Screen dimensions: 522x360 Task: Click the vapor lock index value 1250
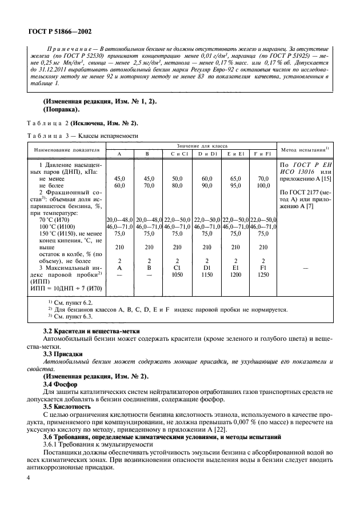(x=263, y=274)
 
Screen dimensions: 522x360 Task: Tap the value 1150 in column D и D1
(x=206, y=274)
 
